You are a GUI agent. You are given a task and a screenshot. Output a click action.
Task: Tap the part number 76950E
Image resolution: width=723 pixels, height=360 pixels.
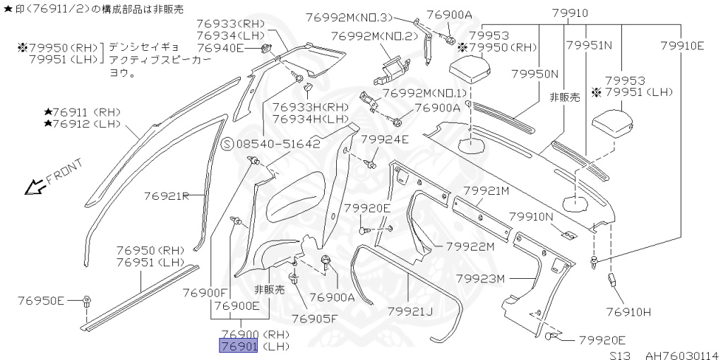(41, 301)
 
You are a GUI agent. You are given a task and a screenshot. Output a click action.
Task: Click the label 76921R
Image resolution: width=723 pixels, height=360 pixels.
(167, 196)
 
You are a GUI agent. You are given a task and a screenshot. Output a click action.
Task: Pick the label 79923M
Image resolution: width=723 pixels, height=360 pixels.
(481, 278)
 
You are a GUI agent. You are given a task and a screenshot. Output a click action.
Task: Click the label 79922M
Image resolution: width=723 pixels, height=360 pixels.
(472, 246)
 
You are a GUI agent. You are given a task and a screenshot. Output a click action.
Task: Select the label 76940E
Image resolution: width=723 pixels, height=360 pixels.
(220, 48)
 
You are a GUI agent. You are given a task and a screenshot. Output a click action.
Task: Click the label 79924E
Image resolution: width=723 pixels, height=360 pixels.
(385, 140)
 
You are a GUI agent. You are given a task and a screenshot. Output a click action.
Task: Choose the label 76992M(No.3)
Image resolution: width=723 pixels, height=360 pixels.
(361, 16)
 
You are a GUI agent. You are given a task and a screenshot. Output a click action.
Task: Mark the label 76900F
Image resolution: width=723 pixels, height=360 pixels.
(205, 292)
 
